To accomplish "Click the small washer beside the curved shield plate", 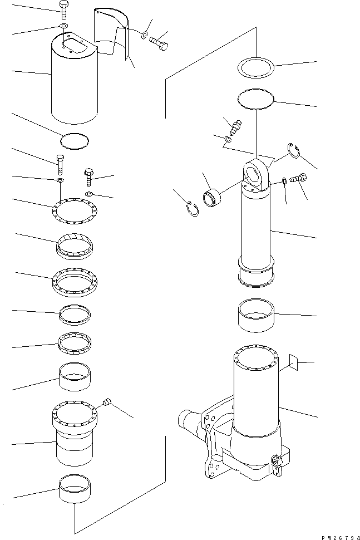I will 144,36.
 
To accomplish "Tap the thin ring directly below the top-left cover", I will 74,140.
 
